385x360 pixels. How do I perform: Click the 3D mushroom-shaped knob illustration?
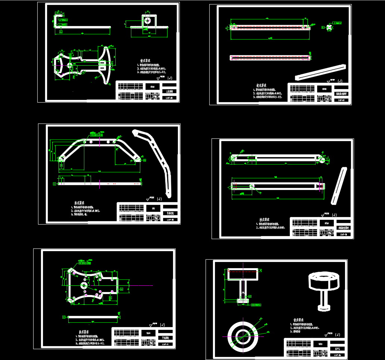(x=323, y=287)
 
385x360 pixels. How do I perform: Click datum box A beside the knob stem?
(x=250, y=296)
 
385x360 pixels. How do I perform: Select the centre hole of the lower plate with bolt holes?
(x=84, y=285)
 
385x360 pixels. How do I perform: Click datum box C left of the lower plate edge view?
(x=64, y=317)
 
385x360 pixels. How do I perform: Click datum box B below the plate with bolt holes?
(x=110, y=298)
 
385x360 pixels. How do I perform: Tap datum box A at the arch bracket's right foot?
(x=144, y=160)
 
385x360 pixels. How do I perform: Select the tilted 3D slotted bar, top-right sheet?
(x=320, y=72)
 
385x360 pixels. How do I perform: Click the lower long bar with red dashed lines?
(x=270, y=58)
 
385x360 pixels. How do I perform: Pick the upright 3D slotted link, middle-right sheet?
(x=338, y=186)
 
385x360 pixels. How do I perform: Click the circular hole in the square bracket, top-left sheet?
(x=148, y=21)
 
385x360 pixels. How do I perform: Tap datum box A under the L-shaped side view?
(x=61, y=32)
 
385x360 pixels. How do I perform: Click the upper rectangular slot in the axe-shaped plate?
(x=101, y=63)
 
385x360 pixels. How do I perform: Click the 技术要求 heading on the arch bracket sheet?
(x=79, y=203)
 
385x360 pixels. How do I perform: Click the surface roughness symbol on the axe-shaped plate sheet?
(x=161, y=78)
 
